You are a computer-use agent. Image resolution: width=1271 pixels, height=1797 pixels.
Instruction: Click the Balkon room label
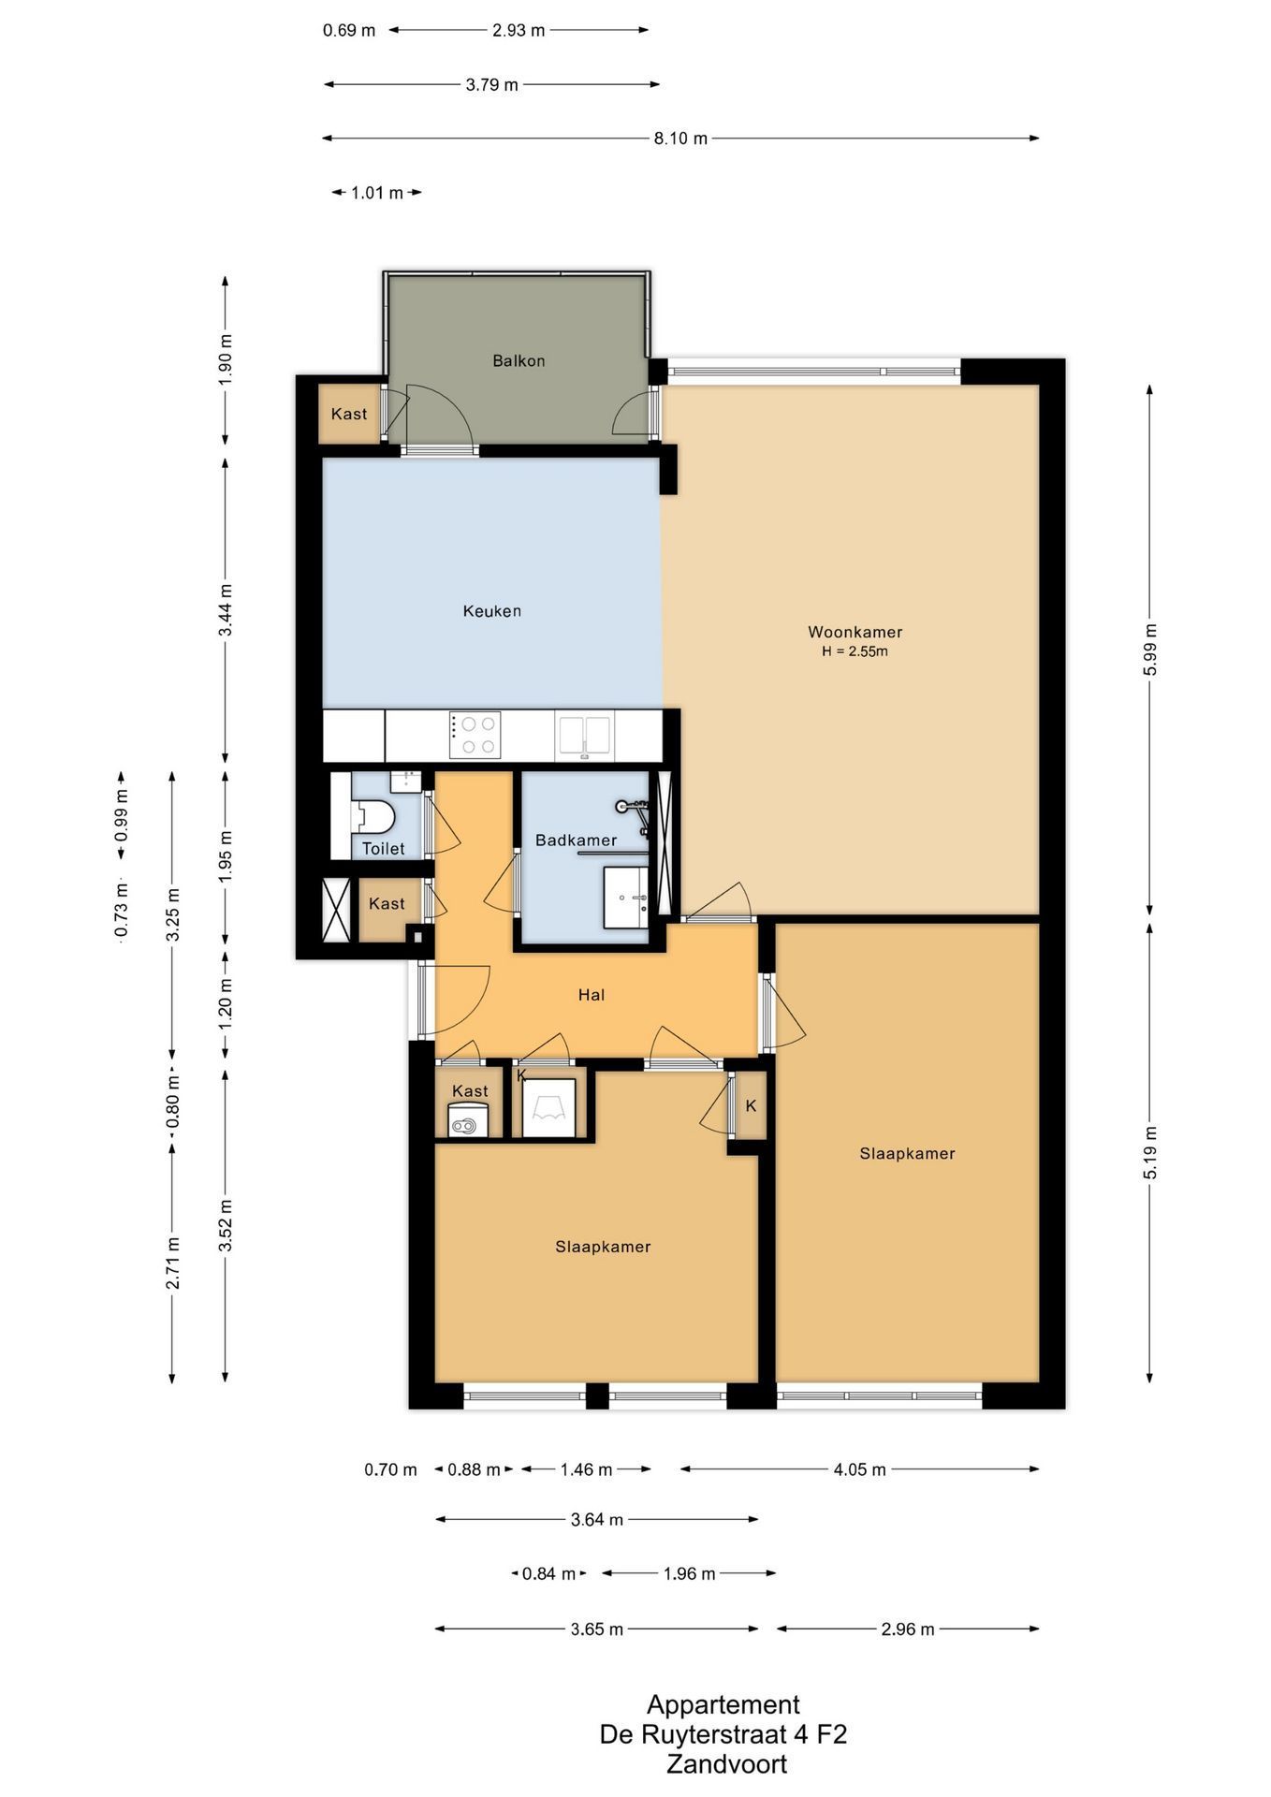[519, 360]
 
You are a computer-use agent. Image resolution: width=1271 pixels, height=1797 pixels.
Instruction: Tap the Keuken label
[492, 611]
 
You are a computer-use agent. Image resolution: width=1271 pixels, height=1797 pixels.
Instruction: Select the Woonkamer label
[855, 632]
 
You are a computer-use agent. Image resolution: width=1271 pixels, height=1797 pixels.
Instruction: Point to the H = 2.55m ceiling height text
[855, 651]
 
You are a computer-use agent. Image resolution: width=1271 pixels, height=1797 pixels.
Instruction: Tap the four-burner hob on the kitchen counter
[475, 735]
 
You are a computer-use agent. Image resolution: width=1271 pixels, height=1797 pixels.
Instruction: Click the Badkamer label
[576, 840]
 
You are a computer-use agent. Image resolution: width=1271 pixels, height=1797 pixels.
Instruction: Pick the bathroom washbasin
[625, 897]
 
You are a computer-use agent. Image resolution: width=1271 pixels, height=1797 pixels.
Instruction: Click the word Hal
[592, 995]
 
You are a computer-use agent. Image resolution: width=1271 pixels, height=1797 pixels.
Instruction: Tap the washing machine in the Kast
[468, 1120]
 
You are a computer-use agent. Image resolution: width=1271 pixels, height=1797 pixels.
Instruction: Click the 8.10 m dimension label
[680, 139]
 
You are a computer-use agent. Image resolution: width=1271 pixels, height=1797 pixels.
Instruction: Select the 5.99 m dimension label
[1150, 650]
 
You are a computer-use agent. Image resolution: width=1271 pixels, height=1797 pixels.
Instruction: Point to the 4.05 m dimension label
[859, 1469]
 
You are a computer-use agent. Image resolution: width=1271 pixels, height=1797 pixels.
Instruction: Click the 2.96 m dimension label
[908, 1629]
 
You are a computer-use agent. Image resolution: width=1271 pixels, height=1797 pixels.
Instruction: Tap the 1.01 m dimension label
[377, 193]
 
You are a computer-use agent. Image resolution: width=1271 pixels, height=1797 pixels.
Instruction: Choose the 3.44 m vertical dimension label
[226, 610]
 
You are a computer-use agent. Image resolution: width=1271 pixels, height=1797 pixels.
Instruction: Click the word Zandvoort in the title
[726, 1764]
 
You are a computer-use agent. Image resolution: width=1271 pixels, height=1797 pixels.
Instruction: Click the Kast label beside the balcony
[349, 414]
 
